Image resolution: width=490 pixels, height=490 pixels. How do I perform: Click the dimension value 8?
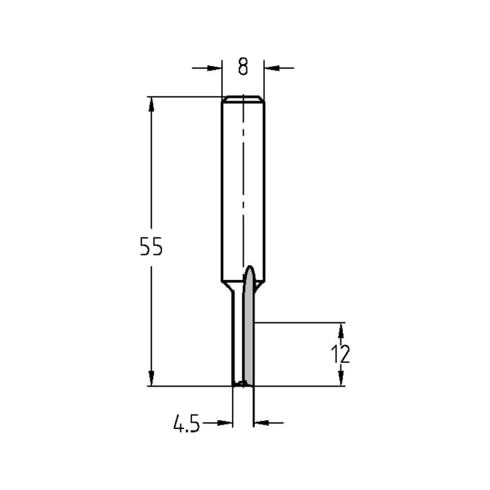click(243, 67)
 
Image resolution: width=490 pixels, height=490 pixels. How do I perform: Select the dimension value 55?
click(150, 247)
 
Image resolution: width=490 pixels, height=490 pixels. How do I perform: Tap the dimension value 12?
click(341, 354)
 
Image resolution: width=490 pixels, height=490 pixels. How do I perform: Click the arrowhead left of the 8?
click(215, 68)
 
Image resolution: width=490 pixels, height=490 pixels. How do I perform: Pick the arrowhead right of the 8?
click(271, 68)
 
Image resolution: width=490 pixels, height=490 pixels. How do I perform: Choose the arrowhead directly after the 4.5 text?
click(224, 421)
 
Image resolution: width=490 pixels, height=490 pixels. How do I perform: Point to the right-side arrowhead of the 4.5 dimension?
click(262, 421)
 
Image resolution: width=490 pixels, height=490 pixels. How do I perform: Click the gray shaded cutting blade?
click(248, 333)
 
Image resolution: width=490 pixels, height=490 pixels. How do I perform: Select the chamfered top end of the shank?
click(243, 99)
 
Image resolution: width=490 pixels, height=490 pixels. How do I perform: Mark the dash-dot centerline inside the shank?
click(243, 186)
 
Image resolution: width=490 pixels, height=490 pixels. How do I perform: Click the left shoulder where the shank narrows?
click(227, 286)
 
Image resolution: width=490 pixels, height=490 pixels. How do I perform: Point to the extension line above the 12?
click(299, 322)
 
